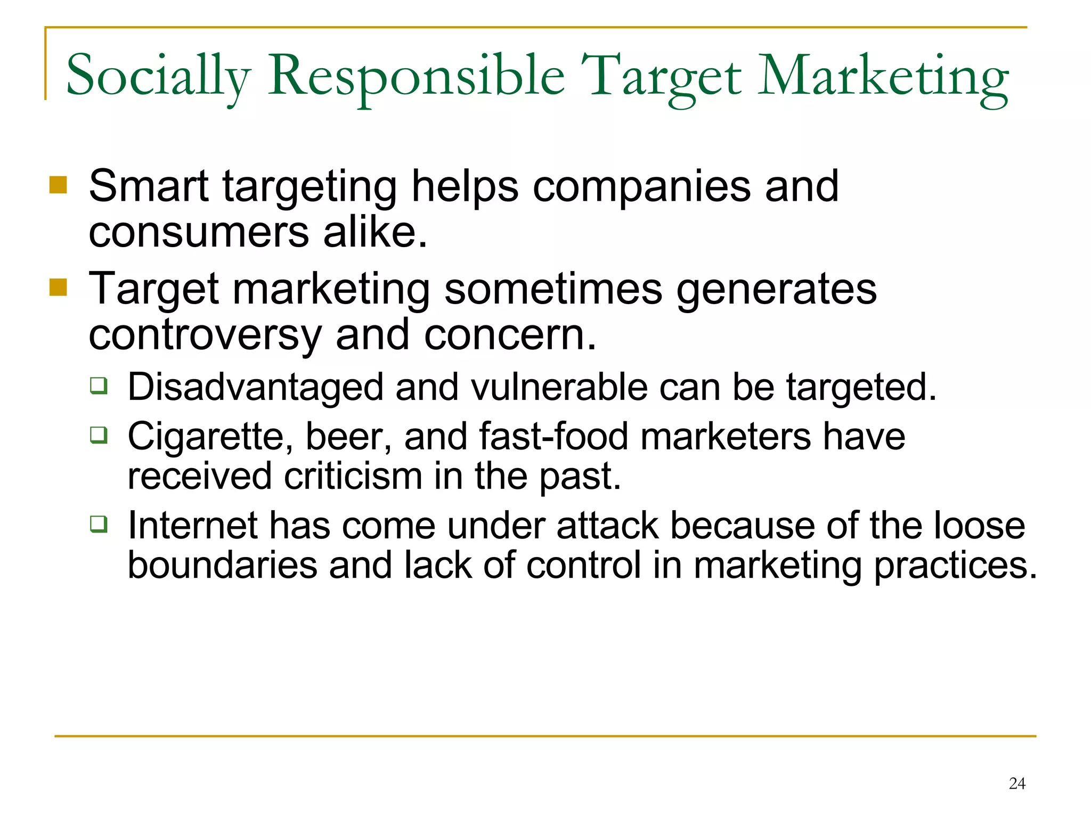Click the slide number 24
pos(1017,783)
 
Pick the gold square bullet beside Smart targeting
pos(58,185)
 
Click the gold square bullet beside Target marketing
pos(58,288)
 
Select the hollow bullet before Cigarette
pos(99,435)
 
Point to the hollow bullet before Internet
pos(99,524)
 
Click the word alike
pos(375,232)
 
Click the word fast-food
pos(553,437)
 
